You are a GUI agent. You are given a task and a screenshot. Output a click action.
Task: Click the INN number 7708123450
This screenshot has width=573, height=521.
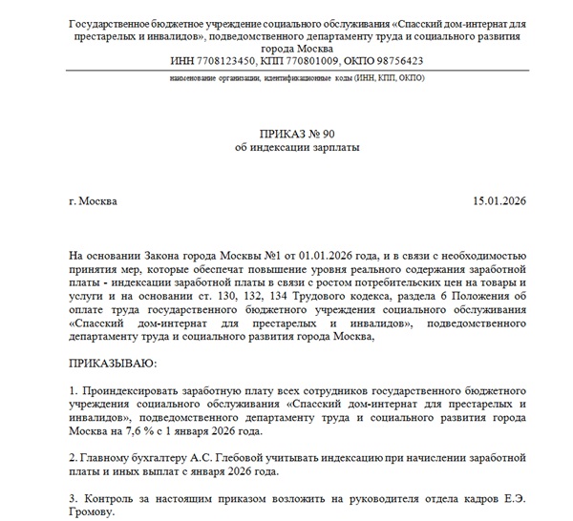pyautogui.click(x=228, y=59)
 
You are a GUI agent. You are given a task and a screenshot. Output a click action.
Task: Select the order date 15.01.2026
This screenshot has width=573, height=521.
pyautogui.click(x=499, y=202)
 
